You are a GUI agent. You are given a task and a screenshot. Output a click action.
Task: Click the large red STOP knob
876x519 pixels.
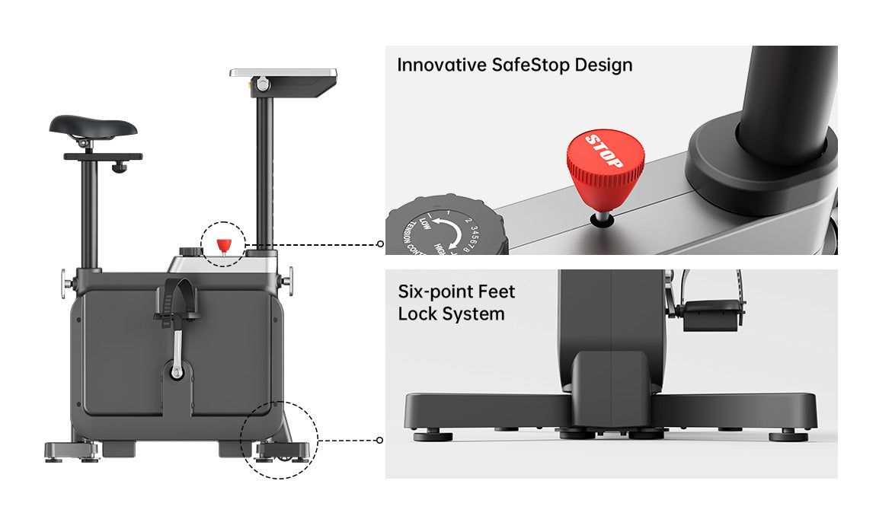(606, 168)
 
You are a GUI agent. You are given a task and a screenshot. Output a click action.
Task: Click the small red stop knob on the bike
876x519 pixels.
(224, 246)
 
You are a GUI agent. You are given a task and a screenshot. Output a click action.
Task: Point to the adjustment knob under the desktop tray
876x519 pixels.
(263, 84)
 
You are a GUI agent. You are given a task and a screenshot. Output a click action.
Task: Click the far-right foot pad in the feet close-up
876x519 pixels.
(788, 436)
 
